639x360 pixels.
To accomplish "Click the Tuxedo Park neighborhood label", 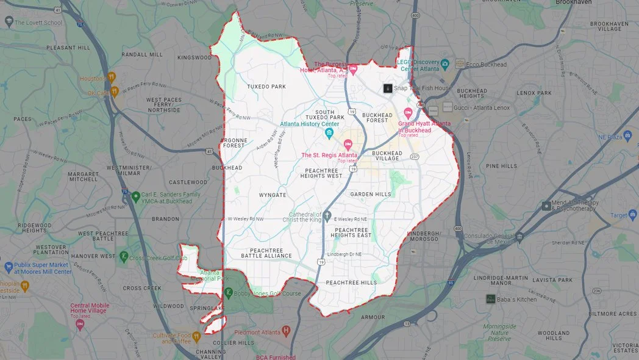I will pos(266,87).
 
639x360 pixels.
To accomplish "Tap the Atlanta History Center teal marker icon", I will pos(330,133).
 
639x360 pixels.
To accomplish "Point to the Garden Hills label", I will pos(371,194).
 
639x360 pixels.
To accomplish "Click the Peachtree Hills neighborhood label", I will pos(351,283).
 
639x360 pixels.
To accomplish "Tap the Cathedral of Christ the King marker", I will pos(327,215).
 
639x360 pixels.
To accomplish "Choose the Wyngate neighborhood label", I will pos(273,195).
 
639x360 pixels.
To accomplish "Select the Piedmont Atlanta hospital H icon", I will pos(286,331).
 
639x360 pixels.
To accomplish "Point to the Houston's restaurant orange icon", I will pos(112,77).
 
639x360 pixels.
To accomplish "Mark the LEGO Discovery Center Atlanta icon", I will pos(445,63).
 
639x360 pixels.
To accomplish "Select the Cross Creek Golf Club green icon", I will pos(124,257).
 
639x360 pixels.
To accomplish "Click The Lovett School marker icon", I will pos(9,22).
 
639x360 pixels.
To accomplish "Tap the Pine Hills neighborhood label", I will pos(502,166).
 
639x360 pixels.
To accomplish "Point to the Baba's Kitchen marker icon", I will pos(490,299).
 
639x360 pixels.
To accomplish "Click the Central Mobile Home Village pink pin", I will pos(80,324).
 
